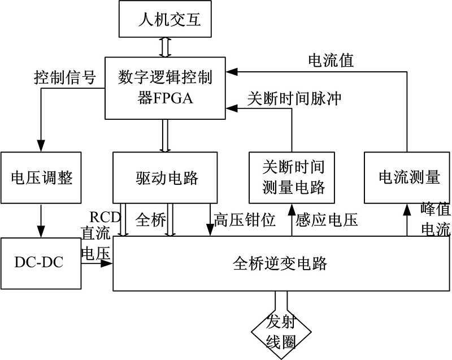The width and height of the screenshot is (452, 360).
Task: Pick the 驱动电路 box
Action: [x=166, y=177]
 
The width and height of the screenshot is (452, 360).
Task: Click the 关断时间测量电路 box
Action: [x=292, y=177]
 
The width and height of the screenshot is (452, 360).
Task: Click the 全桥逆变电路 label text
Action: [x=280, y=263]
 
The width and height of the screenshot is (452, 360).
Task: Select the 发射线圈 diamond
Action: [x=281, y=330]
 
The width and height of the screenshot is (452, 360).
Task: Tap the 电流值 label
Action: [x=331, y=60]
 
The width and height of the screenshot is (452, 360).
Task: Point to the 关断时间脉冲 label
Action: [x=294, y=97]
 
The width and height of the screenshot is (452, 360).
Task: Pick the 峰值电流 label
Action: [x=436, y=219]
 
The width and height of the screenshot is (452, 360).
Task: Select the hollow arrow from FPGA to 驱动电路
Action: [x=165, y=136]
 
